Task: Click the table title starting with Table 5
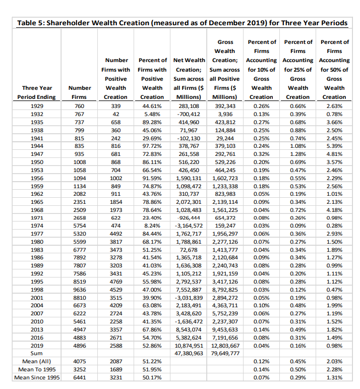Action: [182, 23]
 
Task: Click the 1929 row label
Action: [36, 105]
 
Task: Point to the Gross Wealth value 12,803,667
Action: [225, 346]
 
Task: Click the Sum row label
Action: [36, 354]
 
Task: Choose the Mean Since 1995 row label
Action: [36, 378]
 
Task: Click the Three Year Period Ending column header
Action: [36, 92]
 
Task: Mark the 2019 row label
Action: [36, 346]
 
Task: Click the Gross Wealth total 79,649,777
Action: [225, 354]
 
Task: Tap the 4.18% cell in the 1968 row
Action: [334, 210]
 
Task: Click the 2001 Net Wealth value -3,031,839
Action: [189, 298]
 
